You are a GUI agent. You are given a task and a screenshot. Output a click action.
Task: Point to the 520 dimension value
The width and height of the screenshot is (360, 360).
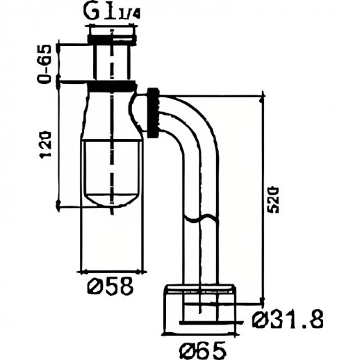[x=273, y=199]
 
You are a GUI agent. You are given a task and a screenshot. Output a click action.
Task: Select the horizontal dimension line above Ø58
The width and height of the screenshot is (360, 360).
[x=111, y=269]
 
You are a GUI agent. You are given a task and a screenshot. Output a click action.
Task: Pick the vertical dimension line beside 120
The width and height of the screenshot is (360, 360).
[x=59, y=146]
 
